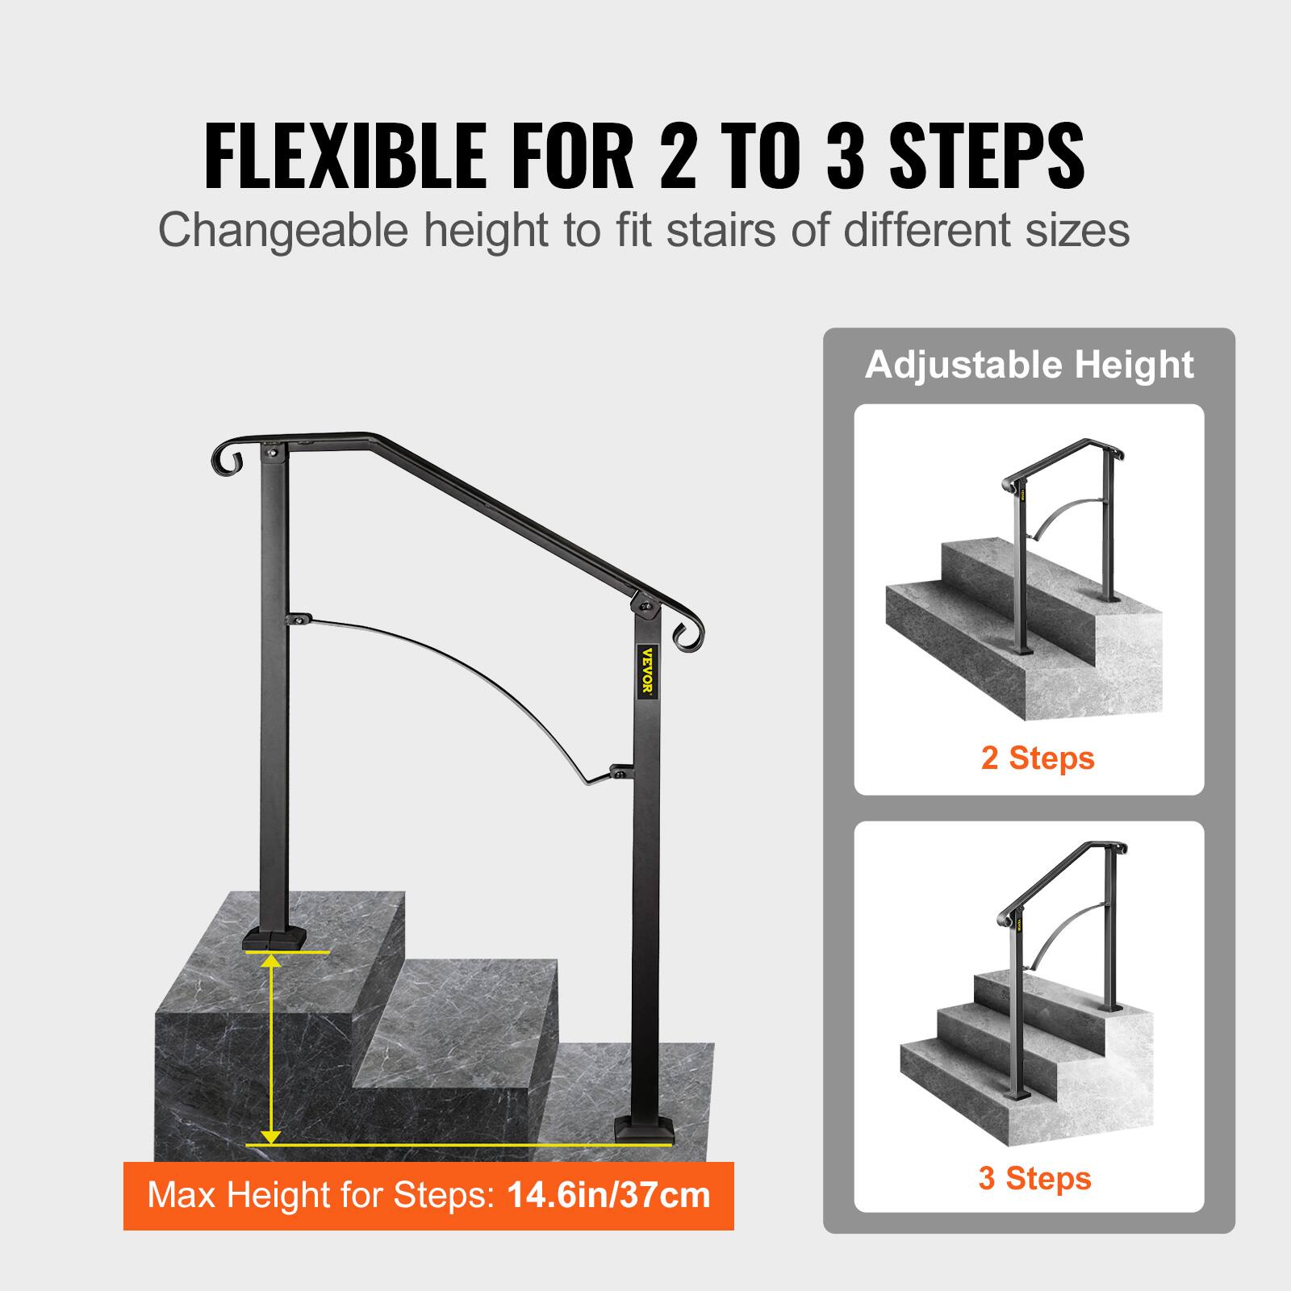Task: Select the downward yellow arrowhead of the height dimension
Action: point(273,1135)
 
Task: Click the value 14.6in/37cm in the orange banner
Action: point(609,1195)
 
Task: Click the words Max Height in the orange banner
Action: point(234,1195)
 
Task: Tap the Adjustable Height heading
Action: point(1029,366)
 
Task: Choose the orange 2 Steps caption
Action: point(1038,758)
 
